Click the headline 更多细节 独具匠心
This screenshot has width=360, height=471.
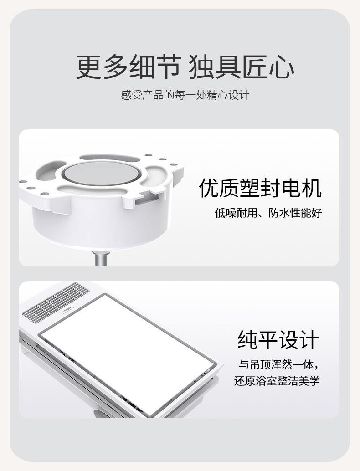(x=185, y=67)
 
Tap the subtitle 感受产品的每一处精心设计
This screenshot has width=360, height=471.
(x=185, y=95)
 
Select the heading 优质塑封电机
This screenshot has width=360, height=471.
(x=260, y=188)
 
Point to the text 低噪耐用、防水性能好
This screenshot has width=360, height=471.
(x=268, y=213)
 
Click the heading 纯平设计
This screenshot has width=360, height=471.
(x=278, y=340)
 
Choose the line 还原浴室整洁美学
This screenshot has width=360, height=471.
(x=277, y=381)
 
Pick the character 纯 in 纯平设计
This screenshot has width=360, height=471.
(x=247, y=340)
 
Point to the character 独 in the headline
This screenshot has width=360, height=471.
(x=201, y=67)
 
